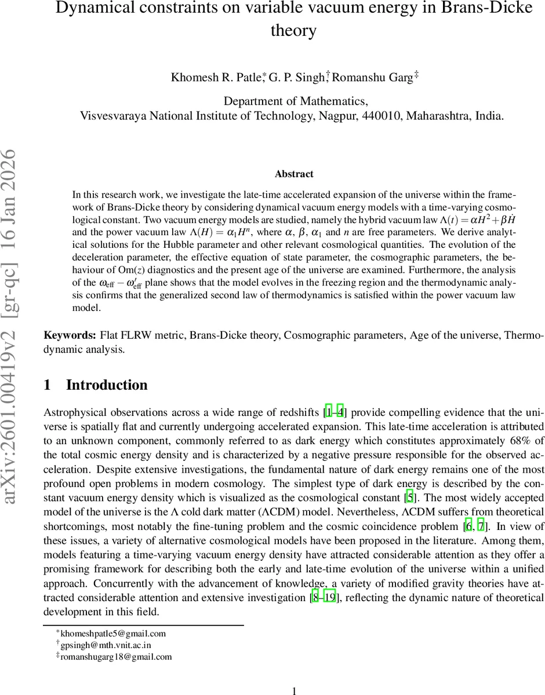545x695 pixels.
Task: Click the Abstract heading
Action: pos(294,174)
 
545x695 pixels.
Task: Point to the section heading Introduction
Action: pos(107,385)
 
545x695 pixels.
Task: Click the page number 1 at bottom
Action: pos(294,691)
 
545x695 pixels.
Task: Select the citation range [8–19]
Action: pos(323,598)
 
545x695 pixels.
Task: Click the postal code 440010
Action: pos(381,115)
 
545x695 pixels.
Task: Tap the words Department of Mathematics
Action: pos(295,101)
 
